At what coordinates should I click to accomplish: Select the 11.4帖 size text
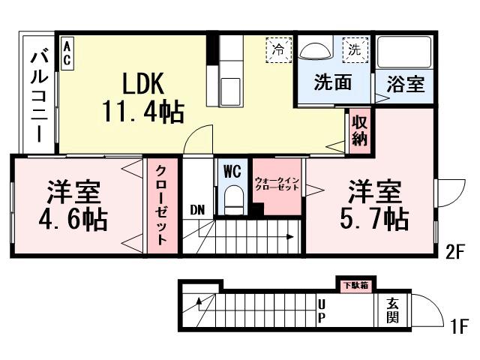[143, 112]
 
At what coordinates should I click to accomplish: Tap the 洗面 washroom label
[332, 82]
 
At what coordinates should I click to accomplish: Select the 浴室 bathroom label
[404, 84]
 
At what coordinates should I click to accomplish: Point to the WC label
[232, 171]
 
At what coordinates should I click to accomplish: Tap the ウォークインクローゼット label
[277, 183]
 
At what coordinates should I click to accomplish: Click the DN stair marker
[196, 209]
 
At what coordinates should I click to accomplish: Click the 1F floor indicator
[458, 327]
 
